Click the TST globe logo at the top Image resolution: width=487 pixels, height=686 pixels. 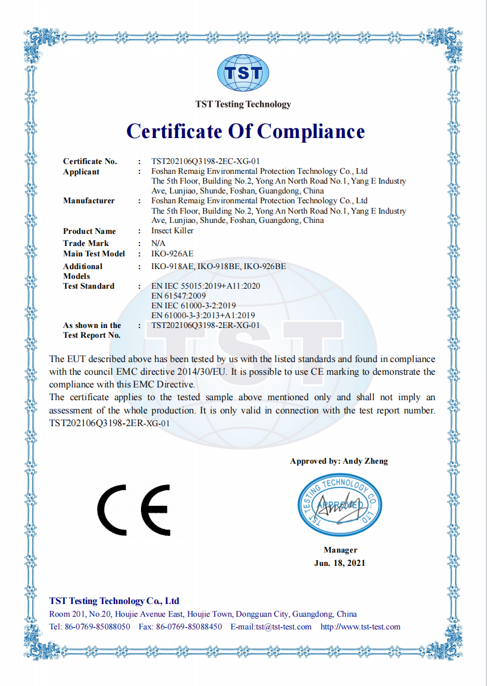tap(243, 73)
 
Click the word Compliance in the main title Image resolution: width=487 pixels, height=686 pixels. tap(311, 132)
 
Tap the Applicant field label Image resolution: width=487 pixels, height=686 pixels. tap(81, 171)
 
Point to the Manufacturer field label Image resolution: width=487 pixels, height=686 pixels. tap(88, 200)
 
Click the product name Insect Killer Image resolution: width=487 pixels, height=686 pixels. tap(172, 230)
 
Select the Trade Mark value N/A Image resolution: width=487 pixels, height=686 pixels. tap(158, 244)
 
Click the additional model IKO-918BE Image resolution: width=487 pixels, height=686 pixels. tap(218, 266)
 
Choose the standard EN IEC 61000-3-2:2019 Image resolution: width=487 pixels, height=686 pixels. tap(194, 305)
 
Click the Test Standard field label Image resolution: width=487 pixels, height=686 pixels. tap(88, 286)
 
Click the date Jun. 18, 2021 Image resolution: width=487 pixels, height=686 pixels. tap(340, 562)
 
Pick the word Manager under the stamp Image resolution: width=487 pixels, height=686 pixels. tap(340, 550)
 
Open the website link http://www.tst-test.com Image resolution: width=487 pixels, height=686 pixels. tap(360, 627)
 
